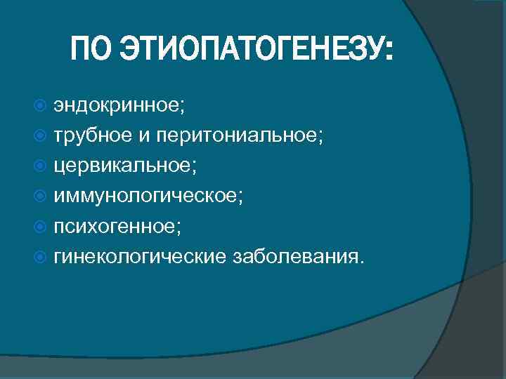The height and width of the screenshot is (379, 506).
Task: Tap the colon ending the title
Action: coord(389,53)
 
